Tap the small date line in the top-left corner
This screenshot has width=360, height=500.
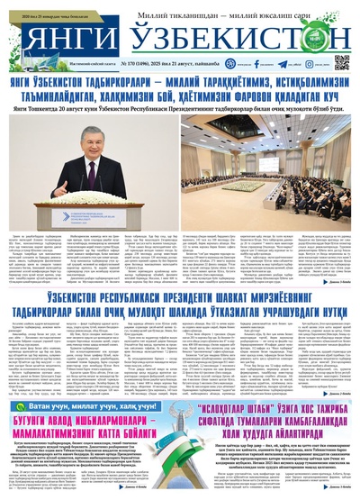(x=45, y=8)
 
